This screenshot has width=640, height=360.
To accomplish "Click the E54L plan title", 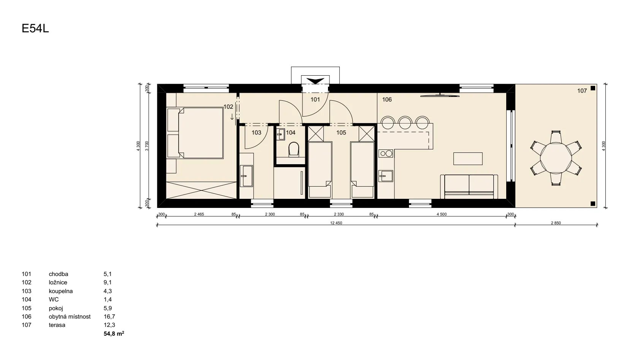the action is (35, 29).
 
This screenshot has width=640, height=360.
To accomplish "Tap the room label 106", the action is (387, 100).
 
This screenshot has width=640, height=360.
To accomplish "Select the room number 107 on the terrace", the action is (582, 91).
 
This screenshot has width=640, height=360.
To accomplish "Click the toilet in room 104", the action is (294, 149).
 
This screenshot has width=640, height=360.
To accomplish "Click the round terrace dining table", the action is (556, 158).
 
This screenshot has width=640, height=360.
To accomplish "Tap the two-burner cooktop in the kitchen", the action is (386, 154).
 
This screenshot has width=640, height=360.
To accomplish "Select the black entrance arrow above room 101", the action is (315, 81).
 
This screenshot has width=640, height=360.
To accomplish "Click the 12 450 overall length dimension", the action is (336, 223).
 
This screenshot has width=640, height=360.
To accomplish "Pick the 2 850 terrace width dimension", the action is (556, 223).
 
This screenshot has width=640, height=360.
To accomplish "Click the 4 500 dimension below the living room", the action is (442, 214).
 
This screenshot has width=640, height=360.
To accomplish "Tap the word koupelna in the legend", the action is (60, 291).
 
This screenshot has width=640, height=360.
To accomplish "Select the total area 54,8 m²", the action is (114, 333).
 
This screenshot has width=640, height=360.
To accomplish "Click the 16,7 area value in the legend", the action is (109, 317).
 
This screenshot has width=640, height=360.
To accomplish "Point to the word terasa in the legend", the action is (57, 325).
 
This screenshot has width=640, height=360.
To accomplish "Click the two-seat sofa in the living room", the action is (469, 187).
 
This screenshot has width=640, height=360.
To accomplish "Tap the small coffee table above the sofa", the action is (468, 159).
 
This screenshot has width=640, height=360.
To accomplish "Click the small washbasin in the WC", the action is (281, 134).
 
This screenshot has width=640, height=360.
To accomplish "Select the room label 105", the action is (341, 133).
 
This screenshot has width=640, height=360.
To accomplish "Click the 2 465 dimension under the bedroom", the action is (199, 214).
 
